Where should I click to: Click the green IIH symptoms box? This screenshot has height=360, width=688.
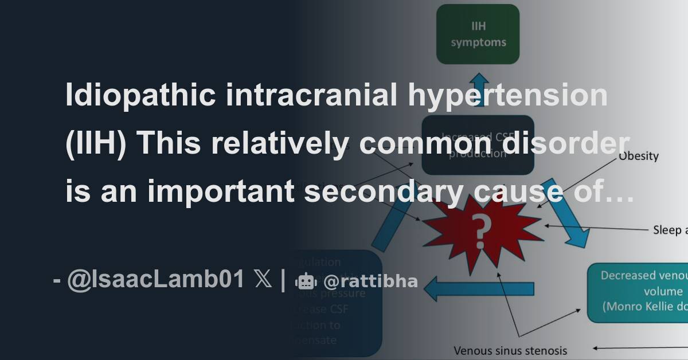pos(478,34)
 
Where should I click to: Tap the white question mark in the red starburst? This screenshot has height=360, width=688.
pos(483,230)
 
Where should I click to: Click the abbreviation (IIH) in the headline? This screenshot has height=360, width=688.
pos(93,144)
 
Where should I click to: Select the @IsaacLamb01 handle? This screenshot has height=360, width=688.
pos(155,281)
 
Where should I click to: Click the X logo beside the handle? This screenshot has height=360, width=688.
pos(263,281)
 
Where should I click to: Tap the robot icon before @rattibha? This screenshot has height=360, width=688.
pos(305,281)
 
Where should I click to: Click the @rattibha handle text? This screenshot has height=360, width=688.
pos(370,281)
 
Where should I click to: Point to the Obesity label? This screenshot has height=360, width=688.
pos(638,156)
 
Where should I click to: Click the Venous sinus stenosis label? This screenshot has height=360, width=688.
pos(510,350)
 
